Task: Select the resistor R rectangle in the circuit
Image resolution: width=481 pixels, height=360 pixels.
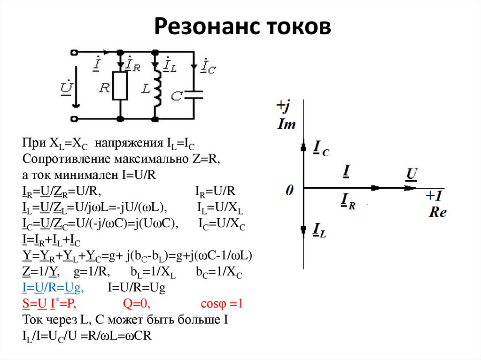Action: [x=120, y=86]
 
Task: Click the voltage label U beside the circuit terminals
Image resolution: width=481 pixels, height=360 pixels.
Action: [x=66, y=87]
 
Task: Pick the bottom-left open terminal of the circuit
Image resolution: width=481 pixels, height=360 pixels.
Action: [x=75, y=118]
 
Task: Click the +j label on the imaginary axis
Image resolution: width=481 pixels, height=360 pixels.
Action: [x=283, y=106]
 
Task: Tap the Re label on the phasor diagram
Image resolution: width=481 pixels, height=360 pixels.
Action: [x=437, y=212]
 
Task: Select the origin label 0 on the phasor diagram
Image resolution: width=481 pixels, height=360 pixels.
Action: [x=290, y=190]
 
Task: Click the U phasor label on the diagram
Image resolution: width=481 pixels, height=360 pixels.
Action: [x=411, y=175]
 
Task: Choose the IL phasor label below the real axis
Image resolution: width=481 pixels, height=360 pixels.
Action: [x=319, y=230]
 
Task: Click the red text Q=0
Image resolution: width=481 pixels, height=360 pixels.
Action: [x=136, y=304]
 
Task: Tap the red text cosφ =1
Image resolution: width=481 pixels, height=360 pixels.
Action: [x=221, y=304]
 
